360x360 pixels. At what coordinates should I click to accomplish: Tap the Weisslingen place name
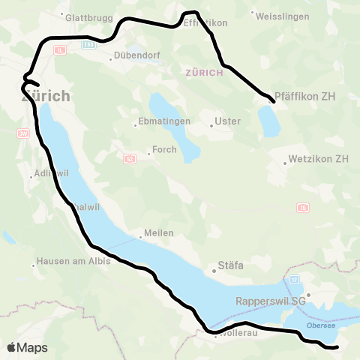coord(280,15)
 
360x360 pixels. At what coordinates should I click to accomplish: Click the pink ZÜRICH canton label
coord(204,73)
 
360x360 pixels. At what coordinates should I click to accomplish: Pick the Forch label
coord(164,149)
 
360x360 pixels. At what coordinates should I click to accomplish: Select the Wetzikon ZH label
coord(320,159)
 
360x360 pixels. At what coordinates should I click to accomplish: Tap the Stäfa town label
coord(230,265)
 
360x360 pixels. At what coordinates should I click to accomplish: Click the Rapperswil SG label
coord(271,301)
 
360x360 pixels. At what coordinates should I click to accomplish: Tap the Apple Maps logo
coord(27,347)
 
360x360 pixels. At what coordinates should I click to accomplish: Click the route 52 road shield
coord(130,158)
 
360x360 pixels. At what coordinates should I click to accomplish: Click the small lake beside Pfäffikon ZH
coord(267,119)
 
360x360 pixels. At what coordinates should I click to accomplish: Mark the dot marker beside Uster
coord(212,126)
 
